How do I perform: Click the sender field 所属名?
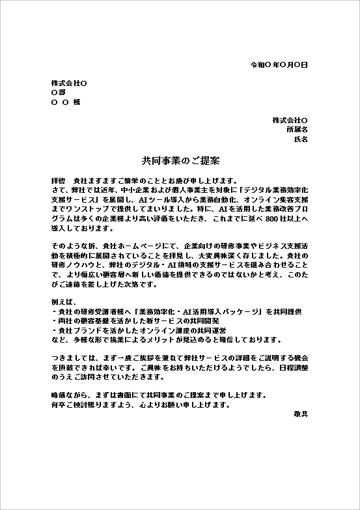[x=296, y=130]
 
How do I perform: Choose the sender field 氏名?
[x=301, y=139]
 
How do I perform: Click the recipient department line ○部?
[x=58, y=92]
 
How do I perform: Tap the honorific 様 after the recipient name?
[x=77, y=102]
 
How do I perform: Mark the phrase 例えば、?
[x=63, y=302]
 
